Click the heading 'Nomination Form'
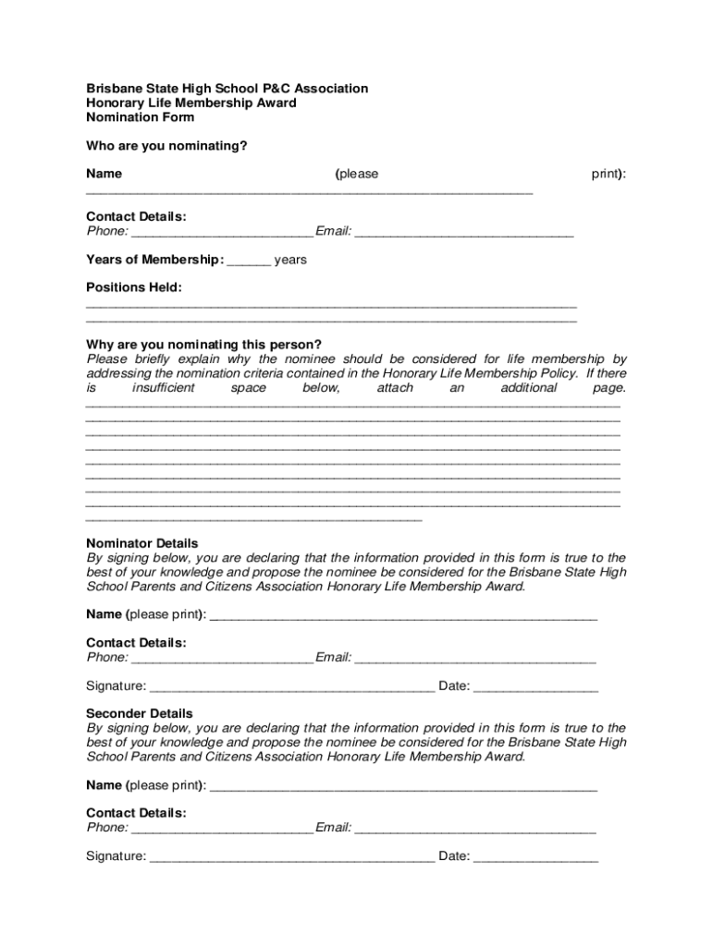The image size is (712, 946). coord(140,117)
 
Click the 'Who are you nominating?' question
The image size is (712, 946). coord(166,146)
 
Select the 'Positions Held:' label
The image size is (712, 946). coord(134,287)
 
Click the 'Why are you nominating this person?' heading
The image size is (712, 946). coord(203,345)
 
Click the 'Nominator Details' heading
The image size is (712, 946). coord(141,543)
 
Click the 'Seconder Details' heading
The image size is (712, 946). coord(140,713)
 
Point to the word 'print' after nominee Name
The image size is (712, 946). coord(606,174)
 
